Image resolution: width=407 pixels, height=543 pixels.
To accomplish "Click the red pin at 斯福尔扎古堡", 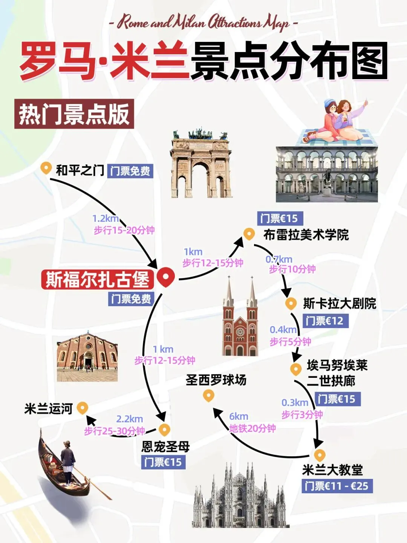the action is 165,277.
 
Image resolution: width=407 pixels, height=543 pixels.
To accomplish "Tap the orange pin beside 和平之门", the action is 46,168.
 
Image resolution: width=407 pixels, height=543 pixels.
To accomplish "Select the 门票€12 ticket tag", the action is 324,321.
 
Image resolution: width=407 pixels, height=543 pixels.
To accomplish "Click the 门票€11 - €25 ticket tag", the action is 337,486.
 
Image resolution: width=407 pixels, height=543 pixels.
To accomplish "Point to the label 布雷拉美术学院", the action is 306,235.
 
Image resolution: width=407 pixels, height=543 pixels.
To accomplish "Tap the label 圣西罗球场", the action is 216,380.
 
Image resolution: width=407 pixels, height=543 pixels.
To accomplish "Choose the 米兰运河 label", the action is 48,409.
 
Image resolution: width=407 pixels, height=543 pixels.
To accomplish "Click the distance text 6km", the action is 239,416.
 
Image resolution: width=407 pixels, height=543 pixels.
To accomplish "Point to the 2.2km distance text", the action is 129,419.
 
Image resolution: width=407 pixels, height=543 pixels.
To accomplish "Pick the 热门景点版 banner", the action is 74,114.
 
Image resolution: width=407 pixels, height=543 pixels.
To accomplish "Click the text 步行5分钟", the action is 290,342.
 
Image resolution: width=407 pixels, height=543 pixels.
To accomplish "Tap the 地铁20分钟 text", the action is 252,428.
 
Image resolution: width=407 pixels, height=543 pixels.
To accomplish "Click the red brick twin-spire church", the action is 240,321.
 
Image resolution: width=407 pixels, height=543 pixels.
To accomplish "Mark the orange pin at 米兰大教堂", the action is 319,455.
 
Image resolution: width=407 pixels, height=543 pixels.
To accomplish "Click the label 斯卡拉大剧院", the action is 340,304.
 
